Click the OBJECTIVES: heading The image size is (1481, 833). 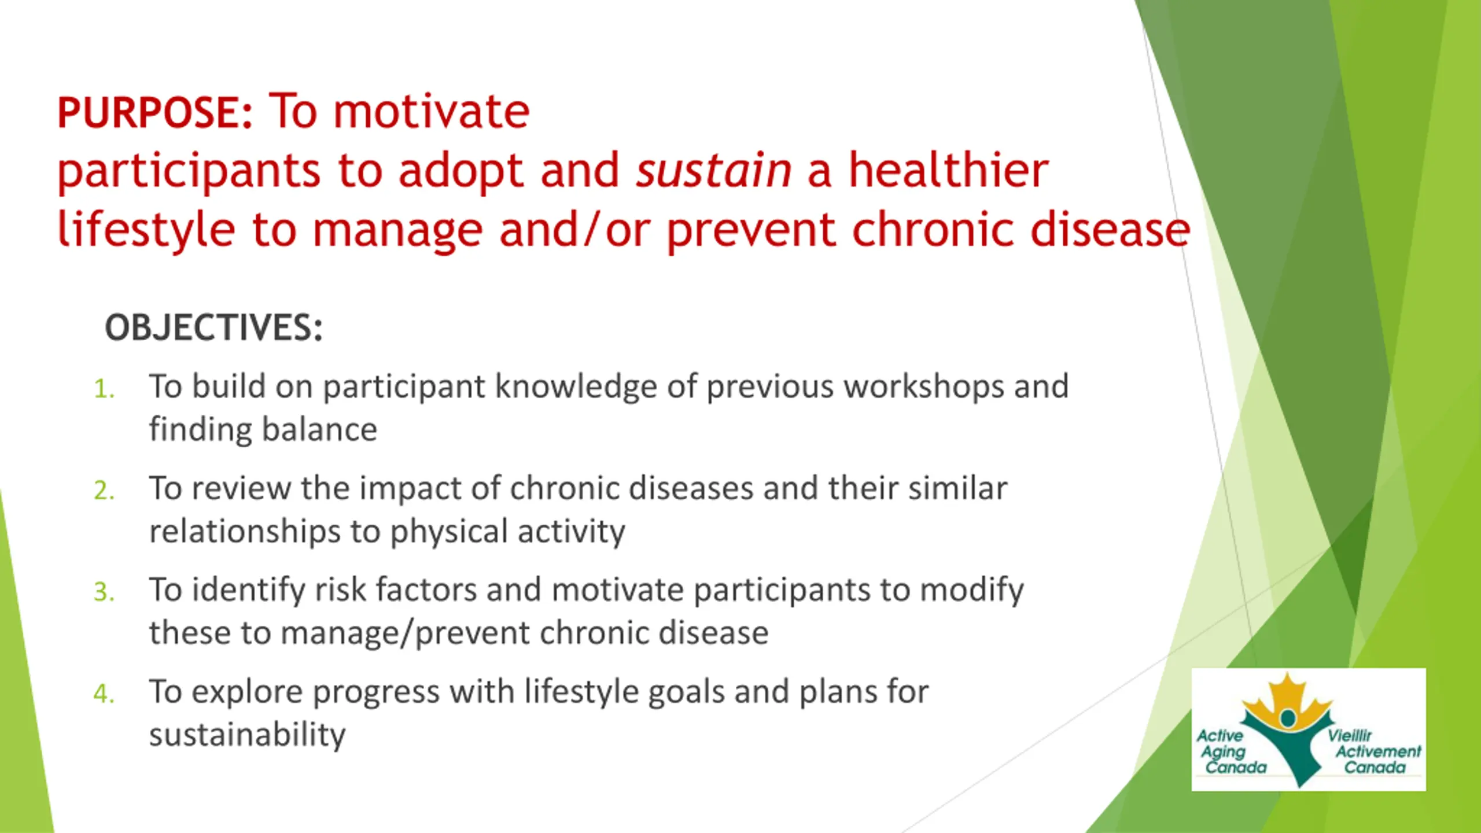click(213, 327)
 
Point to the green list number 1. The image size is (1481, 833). click(104, 389)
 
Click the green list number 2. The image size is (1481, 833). click(104, 491)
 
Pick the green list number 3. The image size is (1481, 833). click(104, 592)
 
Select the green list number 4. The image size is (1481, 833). click(104, 694)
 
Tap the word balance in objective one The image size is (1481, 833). click(319, 429)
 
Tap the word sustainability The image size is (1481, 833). click(247, 735)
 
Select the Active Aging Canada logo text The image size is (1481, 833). click(1232, 751)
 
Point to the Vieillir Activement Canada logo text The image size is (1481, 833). click(1375, 751)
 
